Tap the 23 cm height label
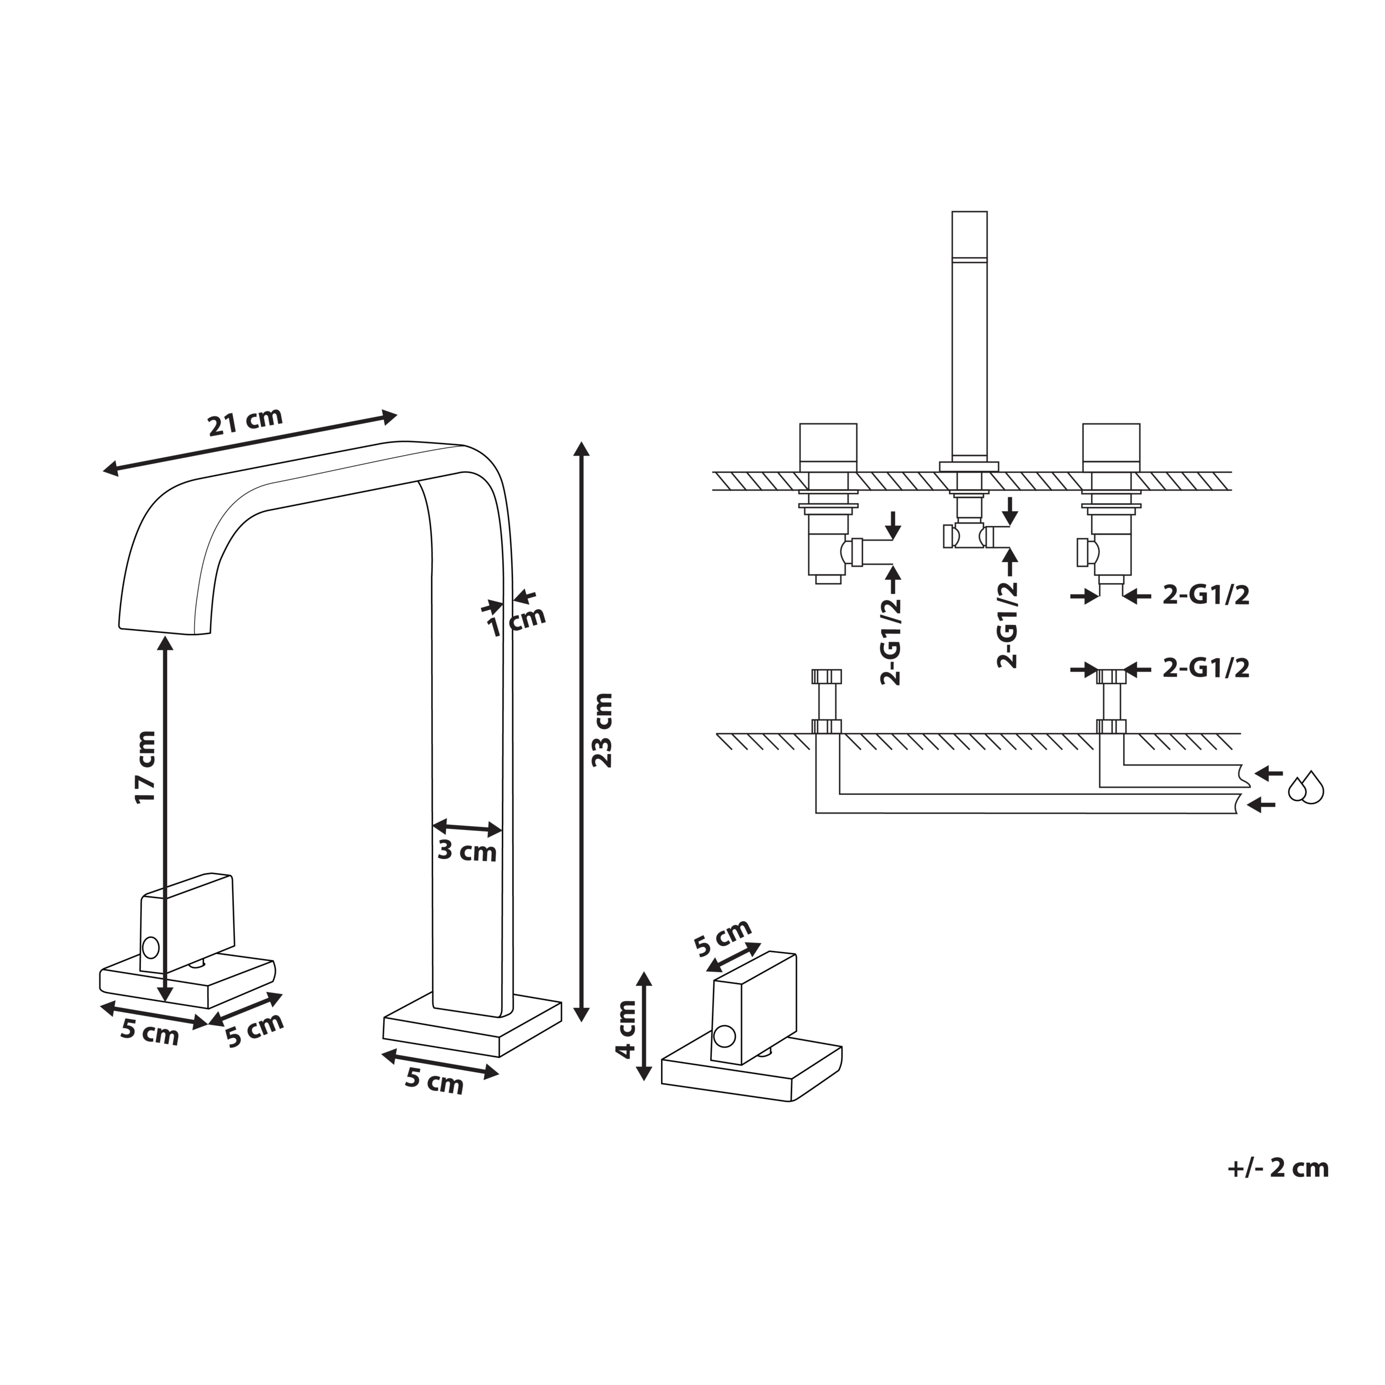point(602,730)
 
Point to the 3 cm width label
point(467,852)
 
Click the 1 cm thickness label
point(516,621)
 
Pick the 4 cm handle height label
point(626,1030)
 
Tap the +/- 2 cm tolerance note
point(1277,1168)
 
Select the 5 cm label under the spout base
point(434,1081)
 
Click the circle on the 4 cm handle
point(724,1036)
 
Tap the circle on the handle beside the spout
point(150,947)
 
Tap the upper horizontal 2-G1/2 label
point(1206,595)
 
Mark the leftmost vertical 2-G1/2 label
point(891,642)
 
